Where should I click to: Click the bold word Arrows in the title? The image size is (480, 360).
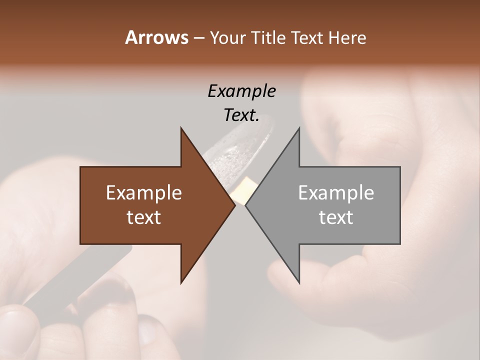(x=156, y=37)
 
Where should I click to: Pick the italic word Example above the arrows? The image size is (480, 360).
(x=241, y=91)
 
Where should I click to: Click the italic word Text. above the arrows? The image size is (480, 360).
(x=241, y=115)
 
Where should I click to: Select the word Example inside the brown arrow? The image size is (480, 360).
(x=144, y=193)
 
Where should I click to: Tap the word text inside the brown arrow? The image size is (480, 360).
(x=144, y=217)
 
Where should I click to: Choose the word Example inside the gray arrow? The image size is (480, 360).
(x=336, y=193)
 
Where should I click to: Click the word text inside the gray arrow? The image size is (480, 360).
(x=336, y=217)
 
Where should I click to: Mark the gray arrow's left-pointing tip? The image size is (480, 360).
(x=246, y=205)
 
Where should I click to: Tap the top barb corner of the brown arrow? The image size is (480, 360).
(x=181, y=128)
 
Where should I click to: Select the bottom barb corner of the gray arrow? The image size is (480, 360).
(x=299, y=282)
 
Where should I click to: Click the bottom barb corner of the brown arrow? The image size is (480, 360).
(x=181, y=282)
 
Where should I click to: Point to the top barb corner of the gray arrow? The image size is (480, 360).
(x=299, y=128)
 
